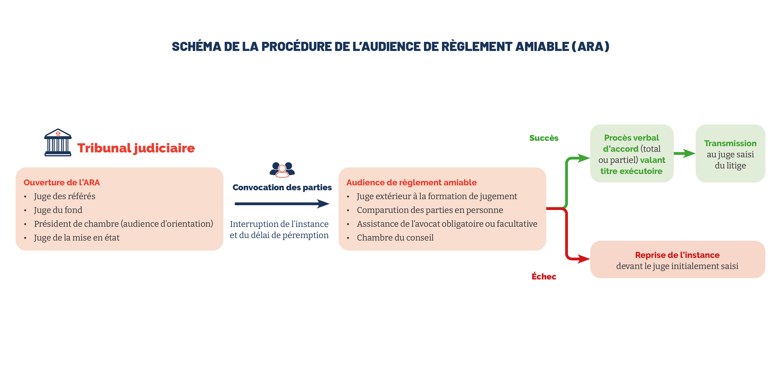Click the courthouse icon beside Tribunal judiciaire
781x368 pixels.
point(58,142)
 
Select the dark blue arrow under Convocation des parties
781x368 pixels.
point(282,204)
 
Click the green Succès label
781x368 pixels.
point(544,138)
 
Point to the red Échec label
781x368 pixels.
point(544,276)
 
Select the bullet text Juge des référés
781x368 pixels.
point(65,196)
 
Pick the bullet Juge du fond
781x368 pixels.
point(58,210)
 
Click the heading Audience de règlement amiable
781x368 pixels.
point(411,182)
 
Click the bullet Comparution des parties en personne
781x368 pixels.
point(430,210)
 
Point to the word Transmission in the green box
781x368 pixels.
point(730,143)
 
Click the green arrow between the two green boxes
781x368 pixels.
point(685,153)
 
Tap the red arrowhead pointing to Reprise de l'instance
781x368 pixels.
point(583,259)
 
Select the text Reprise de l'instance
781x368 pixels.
point(677,255)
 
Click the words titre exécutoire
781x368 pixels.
point(631,171)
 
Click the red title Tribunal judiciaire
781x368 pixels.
point(136,148)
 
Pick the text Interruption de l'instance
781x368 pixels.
point(279,224)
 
